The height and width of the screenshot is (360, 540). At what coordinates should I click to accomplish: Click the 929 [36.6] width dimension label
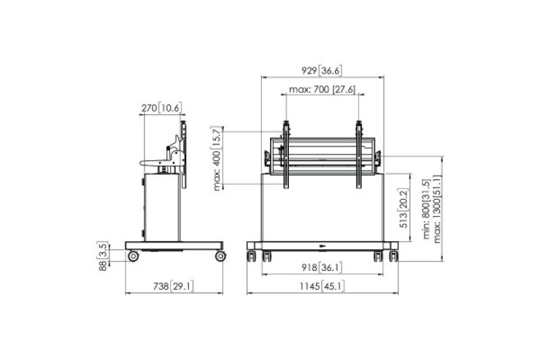(323, 70)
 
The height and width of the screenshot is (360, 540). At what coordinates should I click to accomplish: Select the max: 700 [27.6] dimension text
(322, 89)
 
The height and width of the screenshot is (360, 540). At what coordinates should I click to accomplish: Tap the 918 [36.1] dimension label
(322, 267)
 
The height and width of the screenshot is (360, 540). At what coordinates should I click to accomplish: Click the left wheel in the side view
(133, 256)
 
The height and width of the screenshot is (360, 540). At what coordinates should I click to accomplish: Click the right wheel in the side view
(220, 256)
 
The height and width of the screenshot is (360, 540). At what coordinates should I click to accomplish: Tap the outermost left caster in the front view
(252, 256)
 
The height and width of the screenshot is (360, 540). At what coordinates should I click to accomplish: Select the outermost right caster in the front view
(394, 256)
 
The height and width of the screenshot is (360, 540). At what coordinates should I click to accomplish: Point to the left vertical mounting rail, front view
(287, 155)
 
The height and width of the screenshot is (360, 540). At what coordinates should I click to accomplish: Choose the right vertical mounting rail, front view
(358, 155)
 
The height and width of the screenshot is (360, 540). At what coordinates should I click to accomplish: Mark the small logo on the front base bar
(322, 245)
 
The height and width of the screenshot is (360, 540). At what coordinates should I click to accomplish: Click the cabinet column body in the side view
(162, 206)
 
